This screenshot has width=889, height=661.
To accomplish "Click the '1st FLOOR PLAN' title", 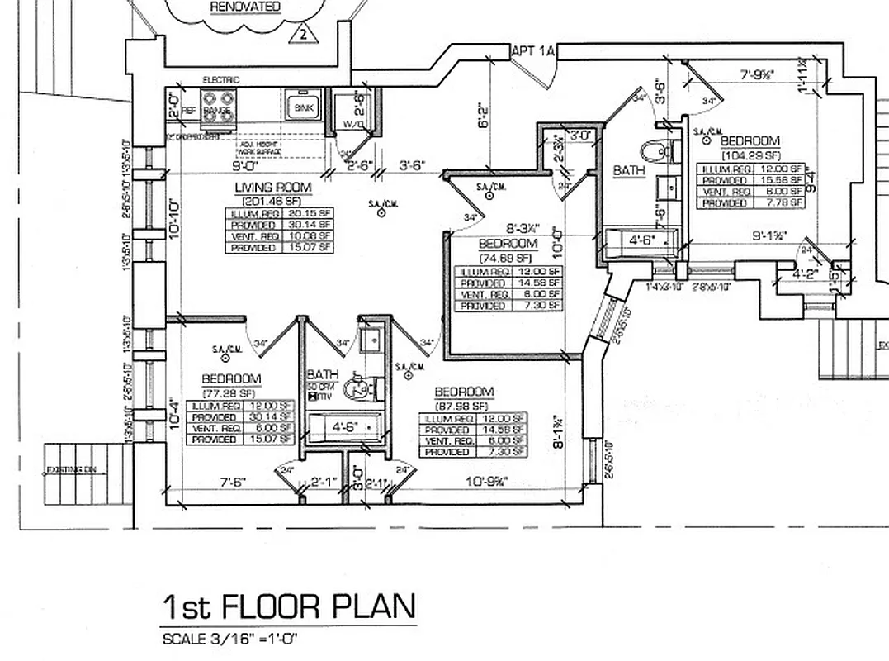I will [289, 607].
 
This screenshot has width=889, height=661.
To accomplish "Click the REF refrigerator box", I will [188, 109].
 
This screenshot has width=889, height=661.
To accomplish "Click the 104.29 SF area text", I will [750, 155].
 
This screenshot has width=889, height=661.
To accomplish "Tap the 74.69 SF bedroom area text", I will [508, 257].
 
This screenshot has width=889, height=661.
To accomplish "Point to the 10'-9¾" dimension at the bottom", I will [485, 482].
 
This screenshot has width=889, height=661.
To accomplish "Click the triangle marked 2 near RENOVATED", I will [303, 35].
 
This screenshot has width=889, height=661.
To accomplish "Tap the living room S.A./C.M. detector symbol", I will [382, 213].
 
